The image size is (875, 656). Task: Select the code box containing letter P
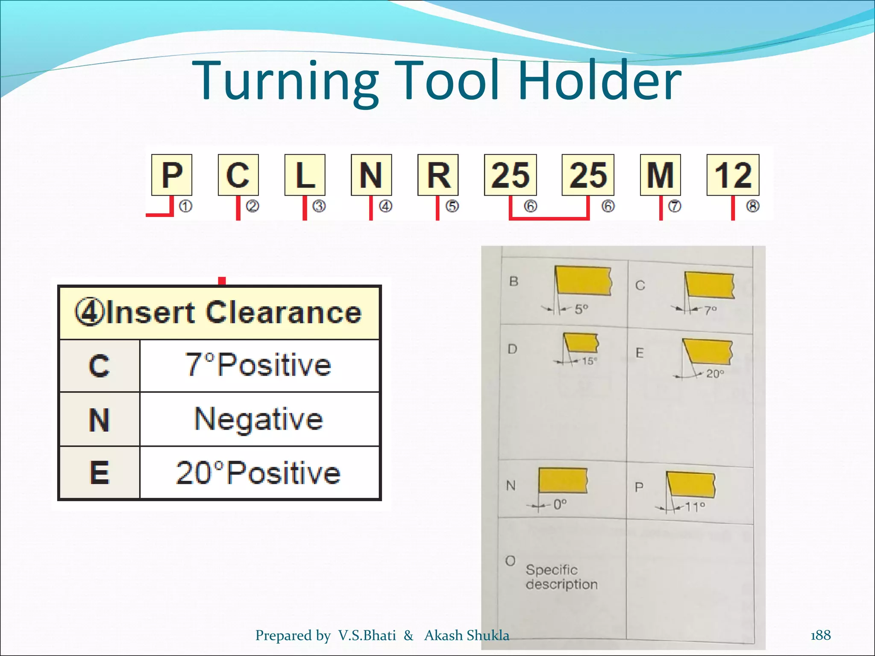click(x=172, y=175)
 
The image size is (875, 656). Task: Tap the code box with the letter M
click(x=660, y=175)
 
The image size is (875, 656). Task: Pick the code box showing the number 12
click(x=733, y=175)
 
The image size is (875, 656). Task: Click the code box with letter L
click(x=305, y=175)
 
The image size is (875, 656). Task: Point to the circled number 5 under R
click(x=452, y=206)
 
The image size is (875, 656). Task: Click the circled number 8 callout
click(x=752, y=206)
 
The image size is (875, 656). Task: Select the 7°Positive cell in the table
click(x=259, y=365)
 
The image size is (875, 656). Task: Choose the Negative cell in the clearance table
click(x=259, y=419)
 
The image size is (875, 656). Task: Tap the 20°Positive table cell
click(x=259, y=473)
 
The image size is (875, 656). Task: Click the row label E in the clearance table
click(x=100, y=473)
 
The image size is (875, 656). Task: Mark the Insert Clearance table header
click(x=219, y=313)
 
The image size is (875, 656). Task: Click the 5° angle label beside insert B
click(x=581, y=309)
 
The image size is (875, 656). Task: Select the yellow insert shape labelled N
click(x=563, y=480)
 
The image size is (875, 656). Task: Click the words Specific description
click(x=561, y=577)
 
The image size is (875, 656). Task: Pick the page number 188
click(x=820, y=635)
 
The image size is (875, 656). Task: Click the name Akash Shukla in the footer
click(x=467, y=635)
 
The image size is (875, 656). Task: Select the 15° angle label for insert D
click(x=589, y=361)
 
